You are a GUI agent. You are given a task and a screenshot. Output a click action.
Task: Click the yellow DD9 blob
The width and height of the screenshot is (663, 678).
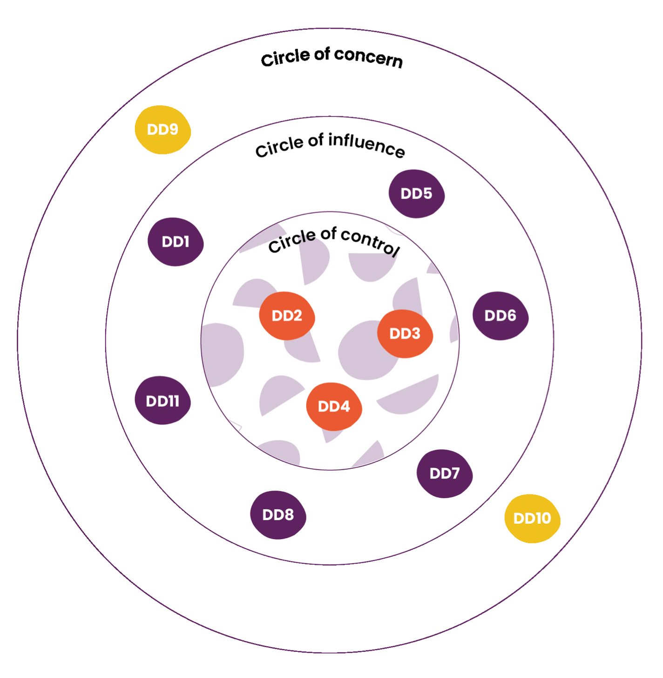[162, 130]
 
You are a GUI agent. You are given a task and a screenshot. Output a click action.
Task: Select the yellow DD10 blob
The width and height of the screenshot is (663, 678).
[532, 518]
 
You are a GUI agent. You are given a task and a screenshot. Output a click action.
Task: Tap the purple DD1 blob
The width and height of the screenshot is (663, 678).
[176, 242]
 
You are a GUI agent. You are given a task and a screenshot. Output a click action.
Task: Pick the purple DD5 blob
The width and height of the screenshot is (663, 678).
[416, 194]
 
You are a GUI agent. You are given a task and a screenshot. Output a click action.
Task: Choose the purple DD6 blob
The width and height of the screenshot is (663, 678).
[500, 316]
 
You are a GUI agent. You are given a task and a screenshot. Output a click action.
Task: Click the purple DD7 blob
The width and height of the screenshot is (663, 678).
[444, 473]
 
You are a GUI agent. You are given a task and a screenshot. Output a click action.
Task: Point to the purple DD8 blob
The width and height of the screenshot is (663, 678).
[278, 515]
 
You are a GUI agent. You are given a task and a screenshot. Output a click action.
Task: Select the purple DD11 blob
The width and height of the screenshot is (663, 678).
[162, 401]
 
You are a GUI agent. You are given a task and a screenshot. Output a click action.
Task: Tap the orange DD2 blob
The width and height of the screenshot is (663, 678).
[287, 316]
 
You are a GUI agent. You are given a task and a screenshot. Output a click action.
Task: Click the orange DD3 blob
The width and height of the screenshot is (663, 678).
[405, 334]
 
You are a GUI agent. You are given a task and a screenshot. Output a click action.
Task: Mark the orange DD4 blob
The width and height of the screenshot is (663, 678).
[334, 406]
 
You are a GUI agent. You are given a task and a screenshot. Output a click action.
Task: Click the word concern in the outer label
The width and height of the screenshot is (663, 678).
[368, 58]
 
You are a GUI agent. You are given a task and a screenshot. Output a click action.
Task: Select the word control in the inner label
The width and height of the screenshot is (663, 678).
[370, 241]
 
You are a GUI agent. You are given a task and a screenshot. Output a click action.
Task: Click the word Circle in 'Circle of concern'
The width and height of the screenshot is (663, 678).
[285, 58]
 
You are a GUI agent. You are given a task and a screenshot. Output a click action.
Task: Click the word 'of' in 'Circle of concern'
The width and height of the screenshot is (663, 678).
[322, 54]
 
